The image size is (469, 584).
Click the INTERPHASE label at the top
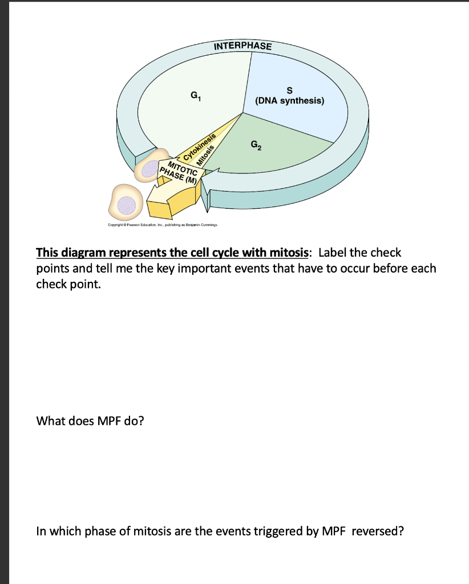pyautogui.click(x=242, y=46)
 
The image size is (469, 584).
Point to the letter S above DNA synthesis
pyautogui.click(x=289, y=90)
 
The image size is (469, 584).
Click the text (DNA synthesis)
pyautogui.click(x=289, y=102)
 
